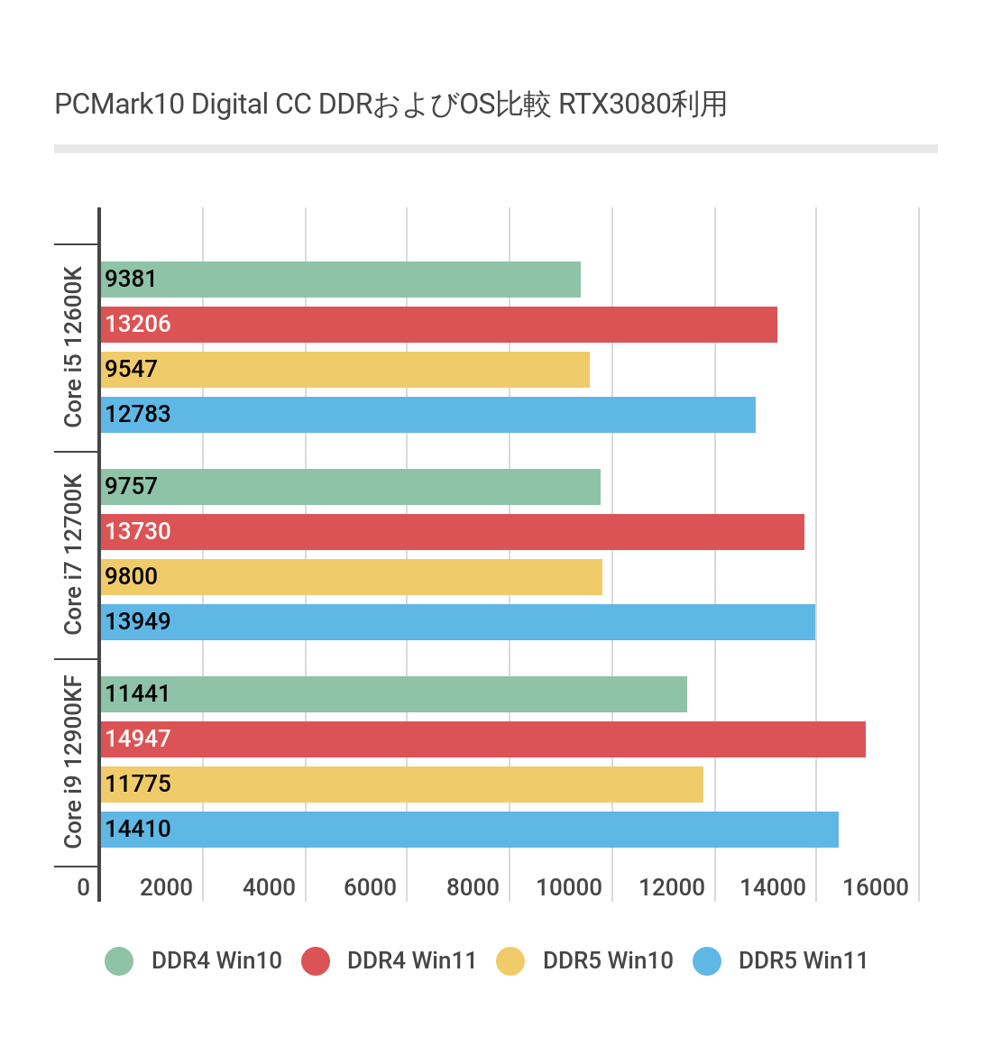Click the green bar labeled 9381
tap(341, 280)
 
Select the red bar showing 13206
tap(439, 325)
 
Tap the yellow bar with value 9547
tap(345, 370)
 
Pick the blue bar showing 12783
tap(428, 415)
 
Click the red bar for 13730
tap(453, 532)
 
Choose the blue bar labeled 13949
tap(458, 622)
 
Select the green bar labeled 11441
tap(394, 694)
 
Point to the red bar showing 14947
tap(483, 739)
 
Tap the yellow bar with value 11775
tap(402, 785)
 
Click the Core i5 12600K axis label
tap(73, 347)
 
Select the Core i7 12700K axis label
tap(73, 555)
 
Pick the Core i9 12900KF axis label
tap(73, 762)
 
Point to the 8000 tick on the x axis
tap(473, 887)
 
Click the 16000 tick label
tap(876, 887)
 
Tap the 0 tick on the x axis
tap(83, 887)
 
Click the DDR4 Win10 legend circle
tap(119, 961)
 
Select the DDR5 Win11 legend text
tap(803, 961)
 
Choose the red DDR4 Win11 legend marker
tap(316, 961)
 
